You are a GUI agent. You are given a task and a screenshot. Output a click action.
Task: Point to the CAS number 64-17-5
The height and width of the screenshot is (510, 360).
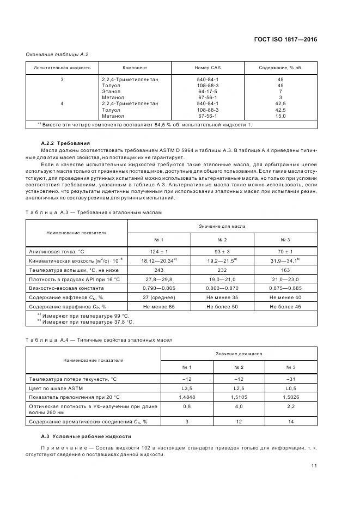pyautogui.click(x=208, y=92)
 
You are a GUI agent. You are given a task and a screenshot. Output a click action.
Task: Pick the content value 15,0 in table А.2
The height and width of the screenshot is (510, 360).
pyautogui.click(x=280, y=116)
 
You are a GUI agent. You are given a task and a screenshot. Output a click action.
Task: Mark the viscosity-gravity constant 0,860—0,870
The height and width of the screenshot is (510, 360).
pyautogui.click(x=222, y=288)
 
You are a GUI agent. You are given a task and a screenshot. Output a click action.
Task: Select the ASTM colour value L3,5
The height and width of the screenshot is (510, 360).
pyautogui.click(x=187, y=387)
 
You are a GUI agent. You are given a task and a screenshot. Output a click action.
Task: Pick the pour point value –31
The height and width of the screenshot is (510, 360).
pyautogui.click(x=291, y=378)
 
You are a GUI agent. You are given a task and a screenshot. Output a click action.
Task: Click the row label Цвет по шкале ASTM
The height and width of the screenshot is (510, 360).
pyautogui.click(x=55, y=387)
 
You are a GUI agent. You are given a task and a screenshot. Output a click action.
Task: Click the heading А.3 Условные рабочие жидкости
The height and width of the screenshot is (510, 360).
pyautogui.click(x=86, y=436)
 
